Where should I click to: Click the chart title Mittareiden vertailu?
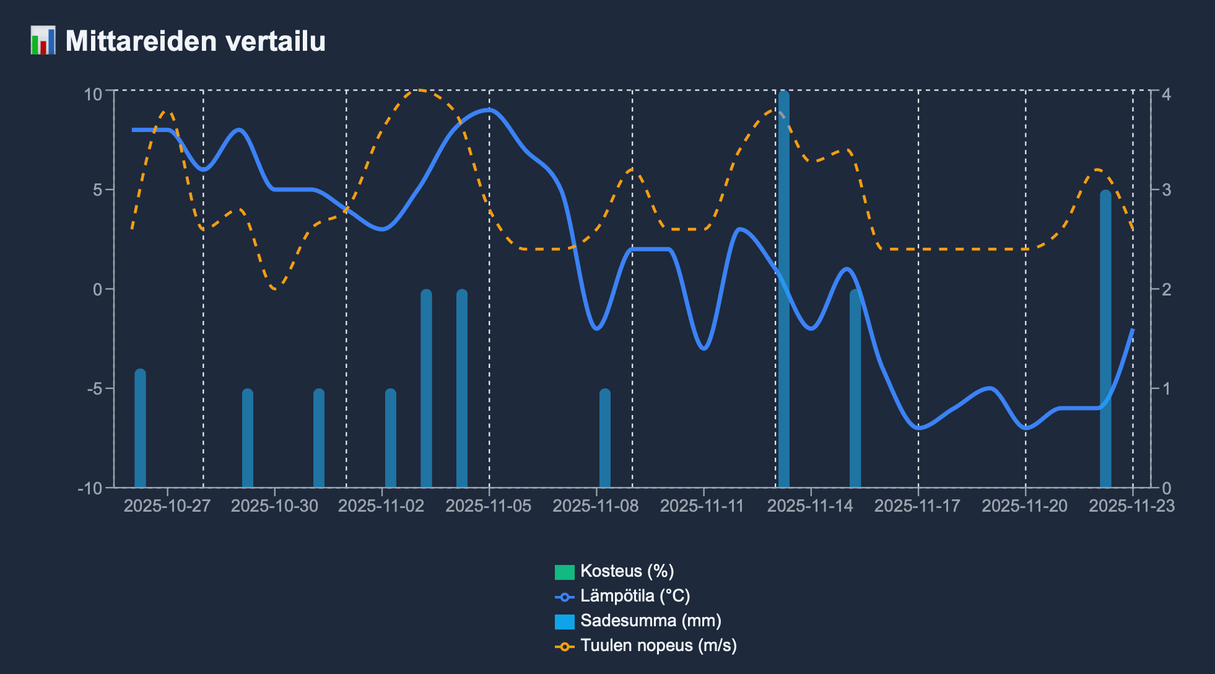[x=195, y=42]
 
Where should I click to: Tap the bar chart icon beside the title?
[x=43, y=41]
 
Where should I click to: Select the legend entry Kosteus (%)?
[x=627, y=571]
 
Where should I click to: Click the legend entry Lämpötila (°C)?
[x=635, y=596]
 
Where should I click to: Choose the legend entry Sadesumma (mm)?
[x=650, y=621]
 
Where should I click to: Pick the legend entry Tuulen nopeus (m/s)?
[x=658, y=646]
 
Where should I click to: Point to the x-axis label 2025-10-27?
[x=167, y=506]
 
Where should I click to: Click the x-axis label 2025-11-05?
[x=489, y=506]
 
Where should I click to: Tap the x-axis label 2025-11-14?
[x=810, y=506]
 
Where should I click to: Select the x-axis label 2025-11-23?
[x=1131, y=506]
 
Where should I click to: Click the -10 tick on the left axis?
[x=90, y=488]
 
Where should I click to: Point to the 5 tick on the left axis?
[x=98, y=190]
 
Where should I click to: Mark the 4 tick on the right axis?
[x=1166, y=94]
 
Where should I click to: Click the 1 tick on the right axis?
[x=1166, y=389]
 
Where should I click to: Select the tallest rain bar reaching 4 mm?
[x=784, y=291]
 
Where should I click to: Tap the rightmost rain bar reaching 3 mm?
[x=1105, y=341]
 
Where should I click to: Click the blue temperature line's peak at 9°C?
[x=489, y=110]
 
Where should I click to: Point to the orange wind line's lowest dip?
[x=275, y=289]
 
